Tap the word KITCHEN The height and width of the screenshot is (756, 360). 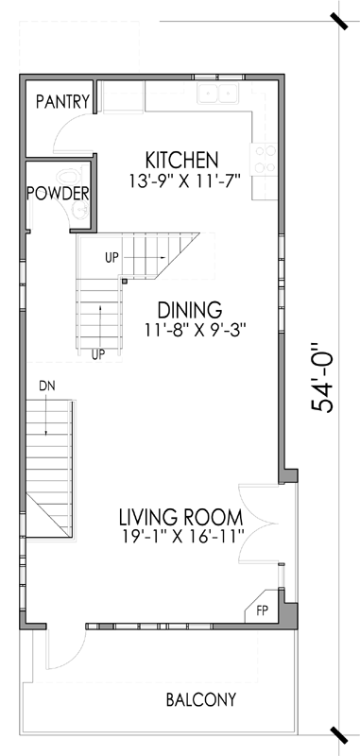[x=181, y=159]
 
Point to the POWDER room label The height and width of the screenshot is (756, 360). [x=58, y=194]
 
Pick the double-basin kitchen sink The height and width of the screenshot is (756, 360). [x=217, y=93]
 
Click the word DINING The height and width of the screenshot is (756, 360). [x=189, y=310]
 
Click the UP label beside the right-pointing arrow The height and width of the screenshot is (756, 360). [x=111, y=256]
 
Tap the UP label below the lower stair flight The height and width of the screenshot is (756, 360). [x=96, y=354]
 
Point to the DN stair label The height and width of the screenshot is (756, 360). [x=48, y=386]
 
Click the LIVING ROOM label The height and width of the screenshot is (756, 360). [x=180, y=518]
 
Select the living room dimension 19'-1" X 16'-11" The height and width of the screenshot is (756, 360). [x=181, y=538]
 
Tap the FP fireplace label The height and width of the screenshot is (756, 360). [x=262, y=611]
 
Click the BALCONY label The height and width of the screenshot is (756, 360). [x=200, y=700]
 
